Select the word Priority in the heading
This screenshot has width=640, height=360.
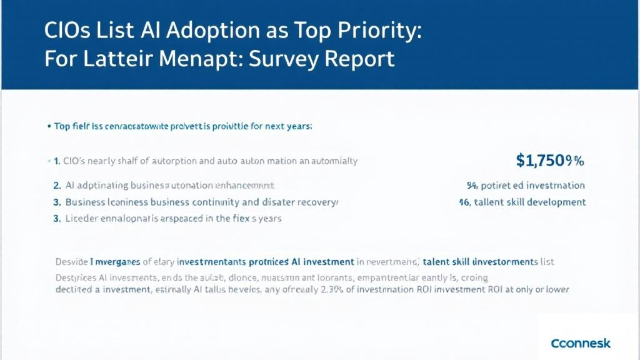click(377, 32)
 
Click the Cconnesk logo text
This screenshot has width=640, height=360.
click(581, 343)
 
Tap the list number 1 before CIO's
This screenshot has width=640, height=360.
click(56, 161)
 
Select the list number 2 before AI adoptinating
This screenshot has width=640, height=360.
click(57, 186)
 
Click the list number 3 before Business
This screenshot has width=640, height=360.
click(57, 202)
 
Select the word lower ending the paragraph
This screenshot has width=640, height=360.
click(555, 289)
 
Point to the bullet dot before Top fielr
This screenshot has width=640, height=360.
click(48, 126)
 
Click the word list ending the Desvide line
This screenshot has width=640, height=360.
click(547, 261)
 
